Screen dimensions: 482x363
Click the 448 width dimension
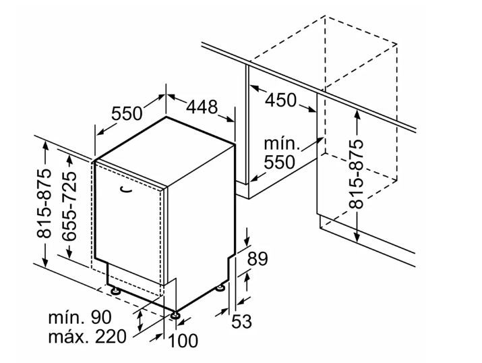click(202, 107)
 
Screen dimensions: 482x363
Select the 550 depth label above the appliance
click(127, 113)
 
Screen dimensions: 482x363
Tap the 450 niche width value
click(280, 100)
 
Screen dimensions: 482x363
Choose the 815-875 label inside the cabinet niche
click(357, 174)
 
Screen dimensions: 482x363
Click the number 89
click(258, 258)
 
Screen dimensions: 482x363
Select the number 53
click(241, 321)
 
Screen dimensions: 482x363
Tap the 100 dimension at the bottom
click(183, 341)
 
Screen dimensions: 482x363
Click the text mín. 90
click(80, 317)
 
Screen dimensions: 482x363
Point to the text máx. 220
click(88, 336)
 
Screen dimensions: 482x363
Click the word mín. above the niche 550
click(282, 144)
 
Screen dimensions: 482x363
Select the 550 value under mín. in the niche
click(279, 162)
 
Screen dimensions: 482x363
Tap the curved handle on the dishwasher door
click(125, 190)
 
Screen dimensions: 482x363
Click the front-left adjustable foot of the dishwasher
click(115, 290)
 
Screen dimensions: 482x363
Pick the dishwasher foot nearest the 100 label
click(175, 315)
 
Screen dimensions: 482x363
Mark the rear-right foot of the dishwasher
click(220, 288)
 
